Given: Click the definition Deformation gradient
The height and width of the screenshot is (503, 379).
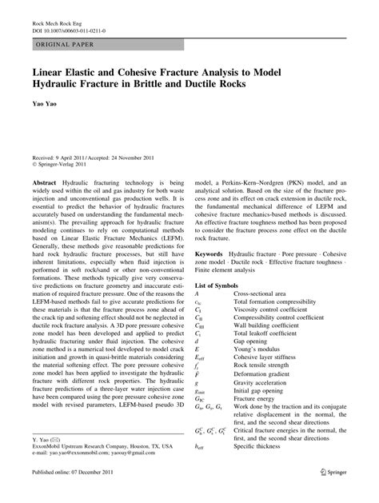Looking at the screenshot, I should [267, 375].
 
